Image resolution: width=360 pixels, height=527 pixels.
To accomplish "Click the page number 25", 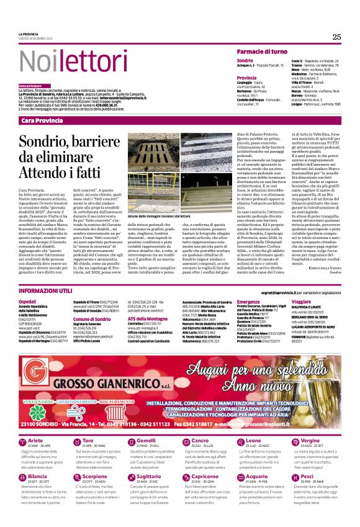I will (336, 37).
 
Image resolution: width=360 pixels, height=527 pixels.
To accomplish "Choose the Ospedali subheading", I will (28, 300).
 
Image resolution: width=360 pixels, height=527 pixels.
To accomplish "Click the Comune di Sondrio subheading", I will (91, 318).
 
